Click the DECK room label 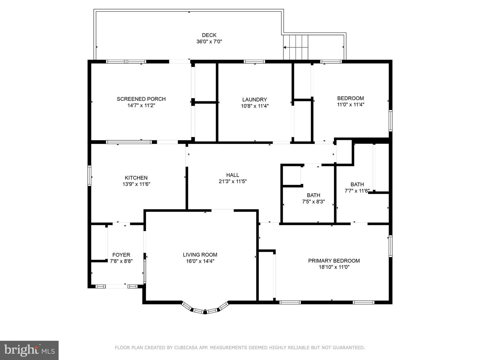pyautogui.click(x=209, y=35)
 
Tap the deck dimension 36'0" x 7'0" pyautogui.click(x=209, y=42)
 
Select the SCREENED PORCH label pyautogui.click(x=141, y=99)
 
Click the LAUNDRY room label pyautogui.click(x=254, y=100)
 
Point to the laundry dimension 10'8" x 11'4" pyautogui.click(x=255, y=106)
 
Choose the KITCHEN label pyautogui.click(x=136, y=178)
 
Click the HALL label pyautogui.click(x=232, y=175)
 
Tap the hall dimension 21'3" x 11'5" pyautogui.click(x=232, y=181)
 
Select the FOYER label pyautogui.click(x=121, y=255)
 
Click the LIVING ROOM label pyautogui.click(x=200, y=255)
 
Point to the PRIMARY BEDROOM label pyautogui.click(x=334, y=261)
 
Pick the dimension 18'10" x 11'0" pyautogui.click(x=334, y=267)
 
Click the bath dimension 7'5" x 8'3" pyautogui.click(x=313, y=202)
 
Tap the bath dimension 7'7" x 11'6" pyautogui.click(x=357, y=191)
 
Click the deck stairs pyautogui.click(x=296, y=47)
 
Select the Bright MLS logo pyautogui.click(x=29, y=350)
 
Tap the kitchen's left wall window pyautogui.click(x=89, y=176)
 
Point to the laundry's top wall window pyautogui.click(x=254, y=61)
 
